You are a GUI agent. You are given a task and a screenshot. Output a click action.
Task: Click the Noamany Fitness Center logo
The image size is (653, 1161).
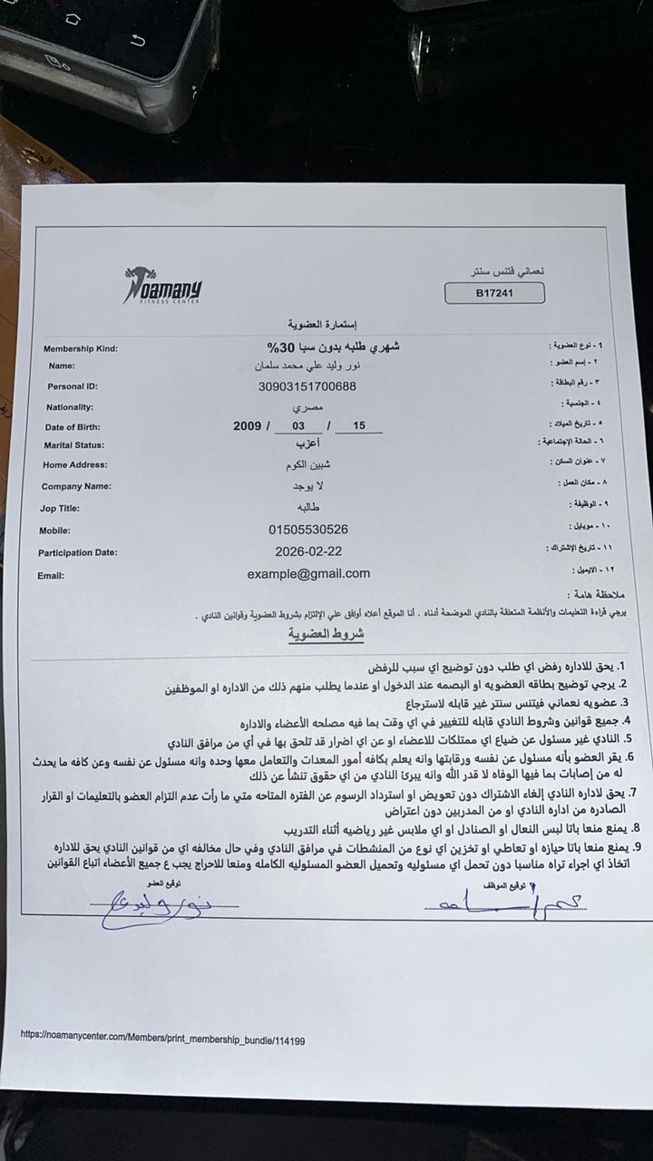click(162, 286)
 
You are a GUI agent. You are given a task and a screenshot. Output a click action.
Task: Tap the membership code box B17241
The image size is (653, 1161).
click(494, 293)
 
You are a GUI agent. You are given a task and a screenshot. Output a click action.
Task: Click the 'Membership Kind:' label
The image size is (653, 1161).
click(81, 348)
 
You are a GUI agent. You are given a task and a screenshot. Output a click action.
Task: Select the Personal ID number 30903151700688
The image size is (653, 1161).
click(307, 386)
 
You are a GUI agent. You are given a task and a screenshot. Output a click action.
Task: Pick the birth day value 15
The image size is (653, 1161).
click(360, 425)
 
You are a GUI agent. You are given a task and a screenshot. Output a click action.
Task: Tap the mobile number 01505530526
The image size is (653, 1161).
click(308, 529)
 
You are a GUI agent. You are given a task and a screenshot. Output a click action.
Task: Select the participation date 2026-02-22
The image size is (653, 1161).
click(308, 551)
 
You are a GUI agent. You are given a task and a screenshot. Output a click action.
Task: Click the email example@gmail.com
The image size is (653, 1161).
click(308, 573)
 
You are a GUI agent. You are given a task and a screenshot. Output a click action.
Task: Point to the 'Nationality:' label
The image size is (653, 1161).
click(70, 407)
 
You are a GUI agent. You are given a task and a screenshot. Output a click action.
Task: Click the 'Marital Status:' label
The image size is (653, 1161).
click(74, 445)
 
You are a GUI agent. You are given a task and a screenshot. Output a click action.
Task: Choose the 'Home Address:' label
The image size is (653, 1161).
click(75, 465)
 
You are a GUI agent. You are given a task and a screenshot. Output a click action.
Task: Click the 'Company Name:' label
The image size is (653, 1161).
click(77, 486)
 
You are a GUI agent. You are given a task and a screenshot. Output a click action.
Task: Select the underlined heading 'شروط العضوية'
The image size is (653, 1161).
click(326, 634)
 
